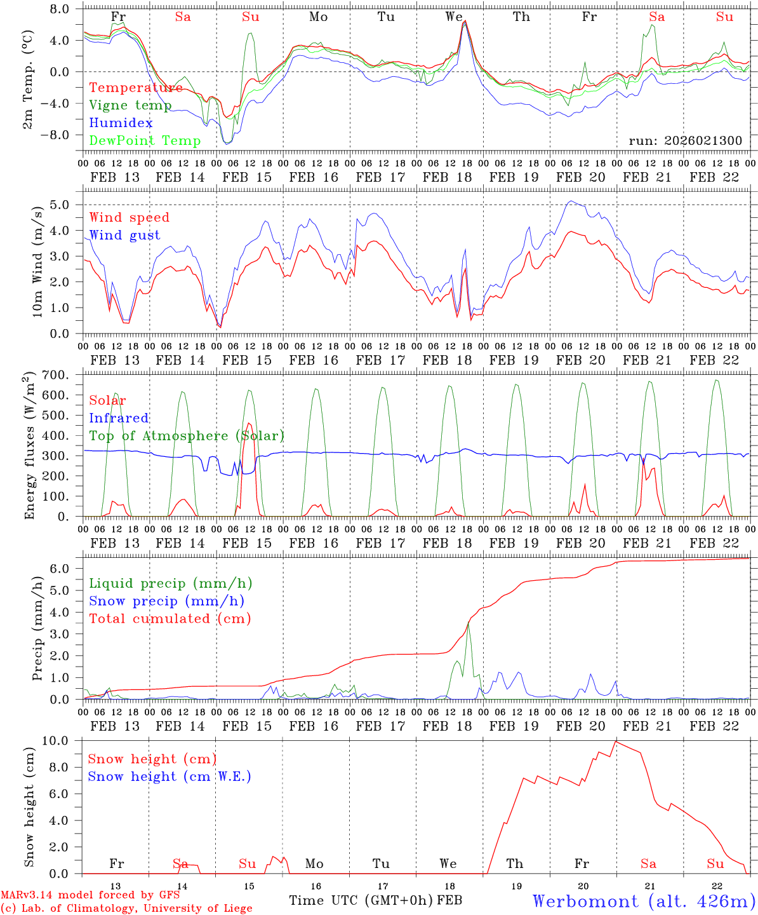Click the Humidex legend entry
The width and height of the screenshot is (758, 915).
[121, 123]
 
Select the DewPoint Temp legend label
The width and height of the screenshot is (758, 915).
[145, 141]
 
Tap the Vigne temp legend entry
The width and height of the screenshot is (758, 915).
[130, 105]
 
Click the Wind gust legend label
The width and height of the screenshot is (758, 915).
[124, 235]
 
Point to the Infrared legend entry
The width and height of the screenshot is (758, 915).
[119, 418]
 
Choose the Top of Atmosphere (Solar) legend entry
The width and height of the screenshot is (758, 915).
[186, 436]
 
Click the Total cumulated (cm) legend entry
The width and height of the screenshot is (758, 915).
[170, 618]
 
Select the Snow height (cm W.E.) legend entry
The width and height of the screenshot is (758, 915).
[169, 776]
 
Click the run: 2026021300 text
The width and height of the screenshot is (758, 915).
[685, 141]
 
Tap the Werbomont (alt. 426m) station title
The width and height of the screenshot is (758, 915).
[644, 901]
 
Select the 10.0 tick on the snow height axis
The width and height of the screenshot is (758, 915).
[63, 741]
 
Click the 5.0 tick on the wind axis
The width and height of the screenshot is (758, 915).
[66, 205]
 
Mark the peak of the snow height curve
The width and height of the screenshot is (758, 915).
[615, 742]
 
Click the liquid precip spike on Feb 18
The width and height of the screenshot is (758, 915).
[468, 625]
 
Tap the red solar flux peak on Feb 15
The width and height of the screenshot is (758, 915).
[248, 423]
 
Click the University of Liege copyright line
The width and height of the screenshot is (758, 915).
[126, 908]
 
